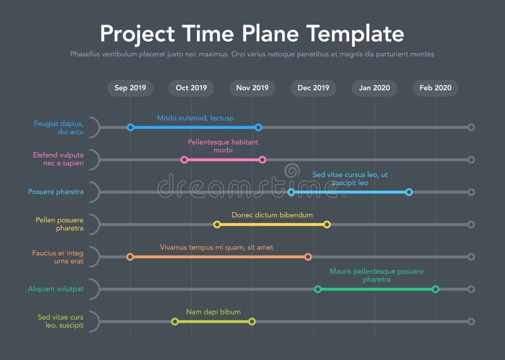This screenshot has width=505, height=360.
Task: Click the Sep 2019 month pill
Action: tap(130, 88)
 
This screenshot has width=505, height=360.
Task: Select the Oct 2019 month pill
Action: tap(191, 88)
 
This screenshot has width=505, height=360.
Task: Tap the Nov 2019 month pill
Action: tap(252, 88)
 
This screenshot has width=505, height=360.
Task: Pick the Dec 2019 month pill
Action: tap(313, 88)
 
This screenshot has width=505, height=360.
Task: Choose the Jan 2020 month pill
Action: tap(374, 88)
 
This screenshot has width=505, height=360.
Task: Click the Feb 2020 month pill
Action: tap(436, 88)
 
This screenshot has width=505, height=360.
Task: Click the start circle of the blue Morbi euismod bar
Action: tap(131, 128)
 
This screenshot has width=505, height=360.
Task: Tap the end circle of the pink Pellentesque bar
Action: tap(263, 160)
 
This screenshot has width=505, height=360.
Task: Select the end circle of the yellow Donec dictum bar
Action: tap(327, 224)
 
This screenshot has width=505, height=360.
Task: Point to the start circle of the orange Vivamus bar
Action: tap(130, 257)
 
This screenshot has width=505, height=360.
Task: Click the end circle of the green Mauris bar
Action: tap(436, 289)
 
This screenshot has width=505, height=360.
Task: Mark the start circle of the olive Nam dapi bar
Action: tap(175, 321)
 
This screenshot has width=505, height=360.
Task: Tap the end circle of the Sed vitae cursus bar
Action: tap(409, 192)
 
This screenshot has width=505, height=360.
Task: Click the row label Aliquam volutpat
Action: tap(56, 289)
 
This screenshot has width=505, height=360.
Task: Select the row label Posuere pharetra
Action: tap(56, 192)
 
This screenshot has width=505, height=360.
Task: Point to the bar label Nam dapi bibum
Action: tap(213, 312)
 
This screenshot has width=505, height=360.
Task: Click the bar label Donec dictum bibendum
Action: tap(272, 215)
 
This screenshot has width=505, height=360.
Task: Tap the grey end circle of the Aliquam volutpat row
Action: tap(471, 289)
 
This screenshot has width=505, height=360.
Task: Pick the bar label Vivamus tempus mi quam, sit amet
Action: tap(217, 248)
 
